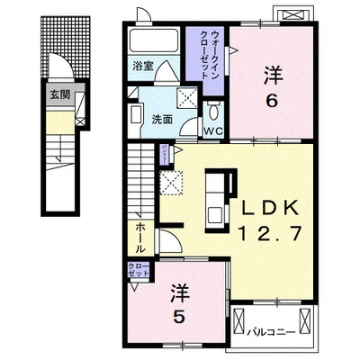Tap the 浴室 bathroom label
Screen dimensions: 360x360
tap(141, 66)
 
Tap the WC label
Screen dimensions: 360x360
tap(212, 132)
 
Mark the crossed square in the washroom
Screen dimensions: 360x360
tap(187, 99)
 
